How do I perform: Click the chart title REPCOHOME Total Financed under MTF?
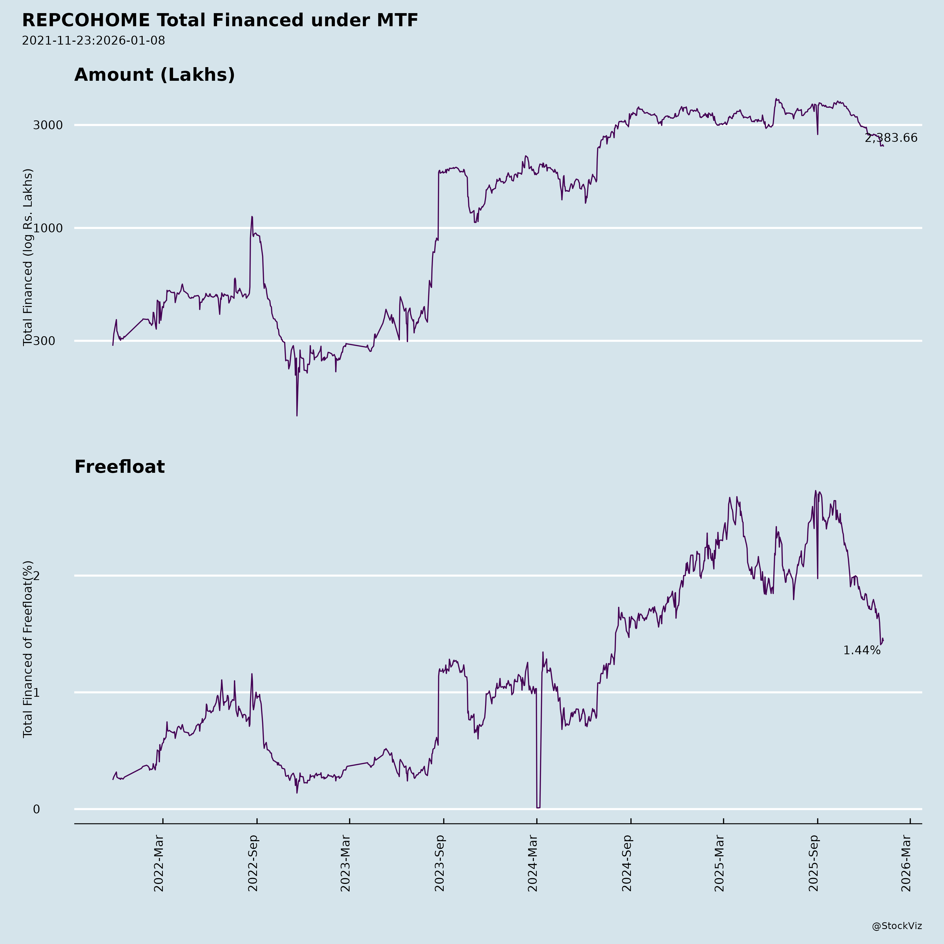pos(220,20)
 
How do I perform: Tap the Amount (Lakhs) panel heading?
pos(154,75)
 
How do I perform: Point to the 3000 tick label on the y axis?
pos(48,125)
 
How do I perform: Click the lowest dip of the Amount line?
pos(297,415)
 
